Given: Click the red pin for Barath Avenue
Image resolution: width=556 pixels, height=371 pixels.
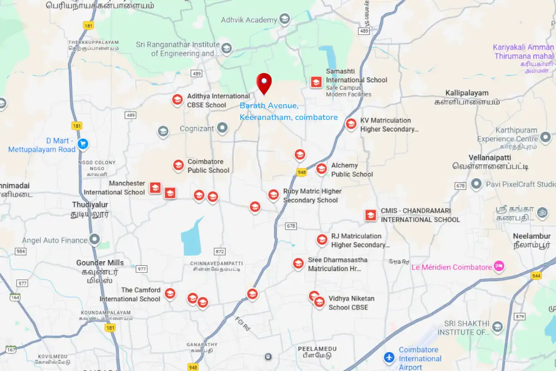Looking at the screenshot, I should (264, 82).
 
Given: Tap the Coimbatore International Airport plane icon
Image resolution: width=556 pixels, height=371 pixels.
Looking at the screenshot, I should (389, 358).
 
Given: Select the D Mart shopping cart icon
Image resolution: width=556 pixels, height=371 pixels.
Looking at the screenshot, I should (83, 144).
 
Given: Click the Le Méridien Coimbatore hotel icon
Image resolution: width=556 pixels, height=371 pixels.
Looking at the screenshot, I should (499, 266).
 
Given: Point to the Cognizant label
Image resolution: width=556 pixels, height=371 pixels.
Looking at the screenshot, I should (197, 129).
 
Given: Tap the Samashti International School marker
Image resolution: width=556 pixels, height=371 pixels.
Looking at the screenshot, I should (316, 82).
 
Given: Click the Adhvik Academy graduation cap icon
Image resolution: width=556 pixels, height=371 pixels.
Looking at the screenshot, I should (285, 19).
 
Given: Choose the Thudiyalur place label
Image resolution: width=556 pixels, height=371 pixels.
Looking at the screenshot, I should (90, 205).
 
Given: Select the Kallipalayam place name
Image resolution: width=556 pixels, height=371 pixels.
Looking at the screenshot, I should (467, 93).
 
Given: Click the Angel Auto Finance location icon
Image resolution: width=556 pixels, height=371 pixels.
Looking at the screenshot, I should (94, 239).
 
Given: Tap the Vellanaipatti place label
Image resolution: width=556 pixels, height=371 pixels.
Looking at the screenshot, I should (490, 157).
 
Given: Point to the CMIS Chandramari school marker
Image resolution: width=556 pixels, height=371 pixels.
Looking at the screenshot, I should (371, 215).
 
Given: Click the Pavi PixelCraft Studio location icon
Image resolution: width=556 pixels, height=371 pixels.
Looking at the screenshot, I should (476, 184).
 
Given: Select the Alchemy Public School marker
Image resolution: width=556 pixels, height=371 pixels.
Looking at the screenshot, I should (321, 169).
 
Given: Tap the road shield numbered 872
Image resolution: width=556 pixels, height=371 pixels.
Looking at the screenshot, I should (220, 252).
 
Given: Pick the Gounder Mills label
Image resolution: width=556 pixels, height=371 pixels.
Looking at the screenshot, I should (100, 263).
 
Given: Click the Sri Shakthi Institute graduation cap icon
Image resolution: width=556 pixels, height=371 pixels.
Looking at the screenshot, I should (497, 327).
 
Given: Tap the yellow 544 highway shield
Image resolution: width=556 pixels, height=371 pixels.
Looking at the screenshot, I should (536, 276).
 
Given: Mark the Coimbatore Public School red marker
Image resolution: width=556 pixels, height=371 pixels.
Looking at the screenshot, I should (178, 165).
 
